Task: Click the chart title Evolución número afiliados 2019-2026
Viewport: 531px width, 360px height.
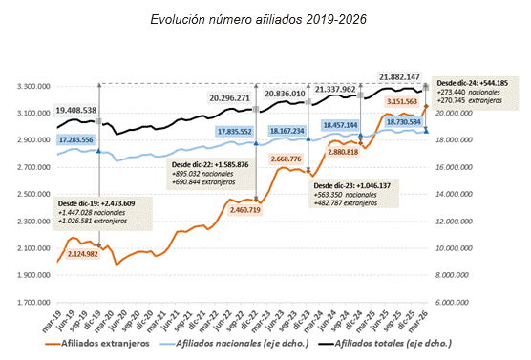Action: pos(265,17)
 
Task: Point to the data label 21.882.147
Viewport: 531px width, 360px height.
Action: pos(402,76)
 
